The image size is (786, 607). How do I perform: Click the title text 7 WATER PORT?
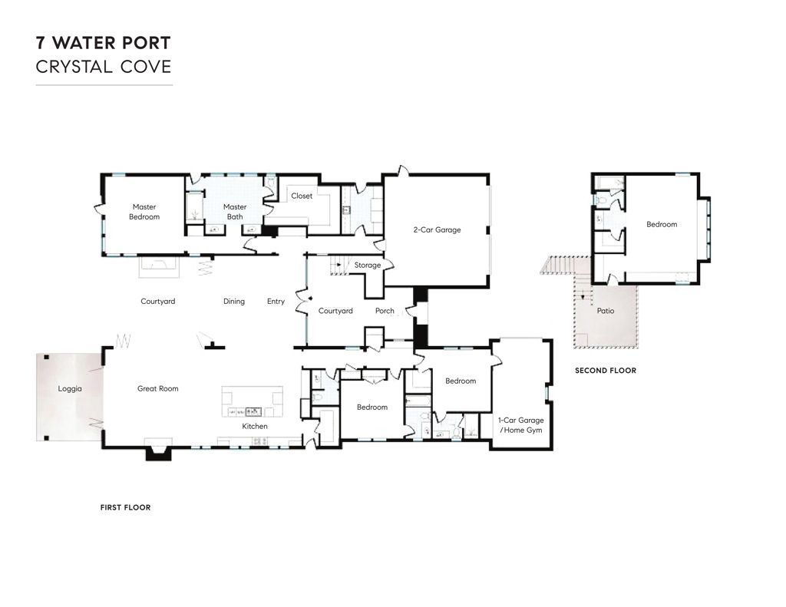pyautogui.click(x=104, y=43)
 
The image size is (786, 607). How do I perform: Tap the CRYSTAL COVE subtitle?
pyautogui.click(x=104, y=67)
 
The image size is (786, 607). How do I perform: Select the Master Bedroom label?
pyautogui.click(x=144, y=212)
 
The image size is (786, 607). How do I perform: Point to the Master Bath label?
pyautogui.click(x=235, y=212)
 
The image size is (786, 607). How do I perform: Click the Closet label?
pyautogui.click(x=302, y=196)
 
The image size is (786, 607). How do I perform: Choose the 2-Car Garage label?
pyautogui.click(x=437, y=229)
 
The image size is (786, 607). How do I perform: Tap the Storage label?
pyautogui.click(x=368, y=266)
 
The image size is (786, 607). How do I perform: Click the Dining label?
pyautogui.click(x=234, y=302)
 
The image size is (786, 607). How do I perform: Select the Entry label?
pyautogui.click(x=276, y=302)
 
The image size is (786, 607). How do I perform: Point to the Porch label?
pyautogui.click(x=385, y=311)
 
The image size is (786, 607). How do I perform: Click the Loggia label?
pyautogui.click(x=70, y=388)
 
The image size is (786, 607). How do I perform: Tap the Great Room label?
pyautogui.click(x=158, y=388)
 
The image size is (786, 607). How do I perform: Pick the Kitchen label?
pyautogui.click(x=255, y=426)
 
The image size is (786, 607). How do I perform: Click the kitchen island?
pyautogui.click(x=253, y=401)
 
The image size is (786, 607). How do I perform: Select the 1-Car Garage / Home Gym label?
pyautogui.click(x=521, y=425)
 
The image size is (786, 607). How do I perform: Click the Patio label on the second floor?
pyautogui.click(x=606, y=311)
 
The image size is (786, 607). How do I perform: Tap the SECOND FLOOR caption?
pyautogui.click(x=606, y=371)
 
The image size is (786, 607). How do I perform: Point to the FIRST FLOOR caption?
pyautogui.click(x=125, y=507)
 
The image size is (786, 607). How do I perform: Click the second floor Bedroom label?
pyautogui.click(x=662, y=225)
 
